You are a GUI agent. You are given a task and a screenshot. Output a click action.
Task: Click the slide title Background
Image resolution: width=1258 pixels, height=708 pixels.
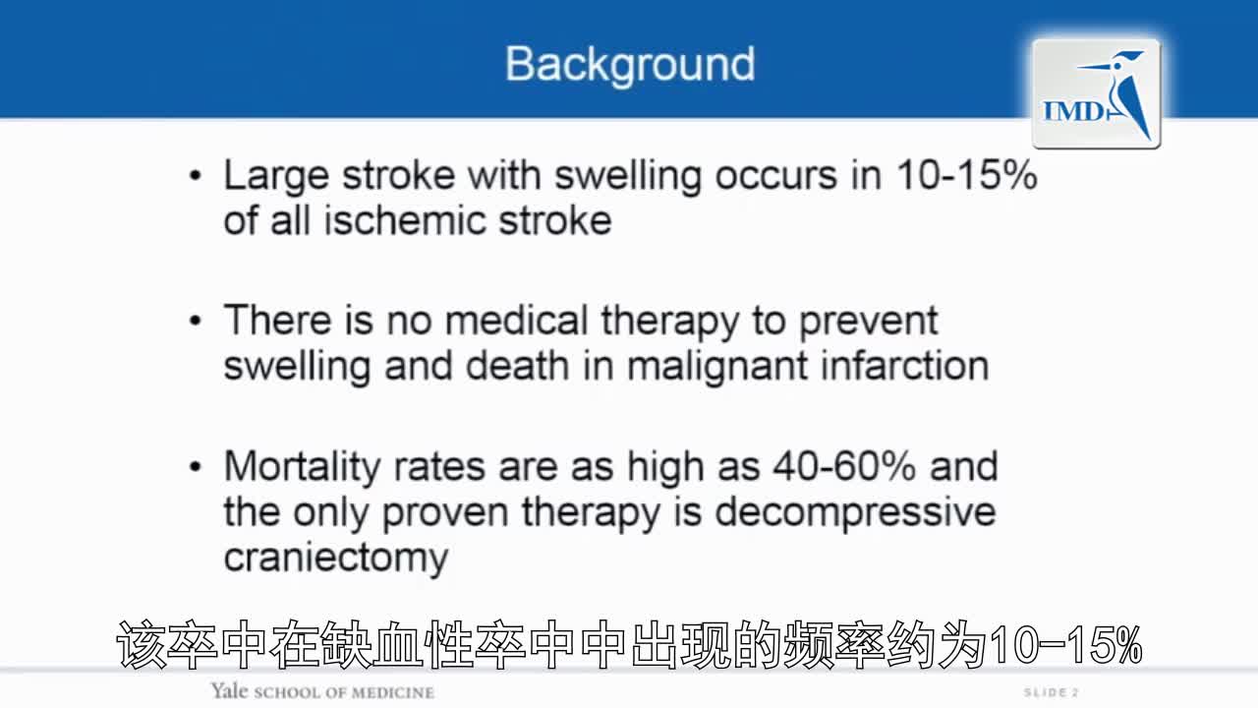pos(630,65)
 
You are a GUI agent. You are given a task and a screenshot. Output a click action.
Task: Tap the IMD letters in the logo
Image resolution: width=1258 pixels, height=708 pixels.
pos(1072,111)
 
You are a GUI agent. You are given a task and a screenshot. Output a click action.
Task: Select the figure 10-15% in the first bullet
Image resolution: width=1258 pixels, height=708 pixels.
pos(966,175)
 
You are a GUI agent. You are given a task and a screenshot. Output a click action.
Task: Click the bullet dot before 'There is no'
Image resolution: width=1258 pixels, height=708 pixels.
pos(196,321)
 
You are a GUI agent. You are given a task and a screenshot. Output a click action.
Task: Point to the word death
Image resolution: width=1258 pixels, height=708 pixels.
pos(517,366)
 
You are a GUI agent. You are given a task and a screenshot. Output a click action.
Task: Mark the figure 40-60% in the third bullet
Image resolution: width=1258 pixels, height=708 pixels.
pos(844,466)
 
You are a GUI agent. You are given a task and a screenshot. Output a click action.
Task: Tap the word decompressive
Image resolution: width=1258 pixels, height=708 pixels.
pos(855,514)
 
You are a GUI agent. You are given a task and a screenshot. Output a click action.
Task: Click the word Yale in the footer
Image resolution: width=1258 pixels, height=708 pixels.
pos(229,691)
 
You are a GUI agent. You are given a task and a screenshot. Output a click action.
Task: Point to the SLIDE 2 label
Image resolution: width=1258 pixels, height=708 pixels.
pos(1051,692)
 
